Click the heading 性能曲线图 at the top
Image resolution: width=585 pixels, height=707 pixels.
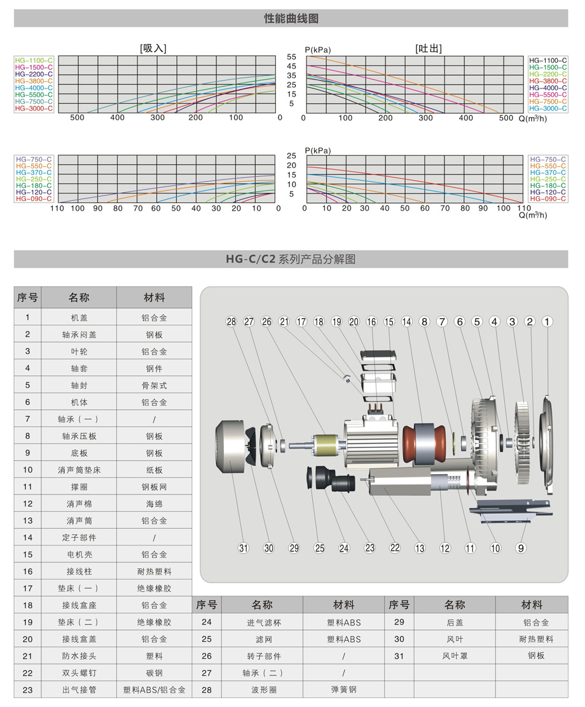click(291, 18)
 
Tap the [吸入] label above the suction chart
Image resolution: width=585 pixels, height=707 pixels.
click(153, 48)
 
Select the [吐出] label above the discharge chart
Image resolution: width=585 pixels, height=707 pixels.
click(428, 48)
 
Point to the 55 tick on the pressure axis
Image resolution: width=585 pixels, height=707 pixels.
click(292, 57)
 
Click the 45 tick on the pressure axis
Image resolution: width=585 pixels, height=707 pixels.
click(292, 66)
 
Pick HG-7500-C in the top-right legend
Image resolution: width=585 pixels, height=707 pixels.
click(548, 101)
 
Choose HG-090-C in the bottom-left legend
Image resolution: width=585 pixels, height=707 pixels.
click(34, 199)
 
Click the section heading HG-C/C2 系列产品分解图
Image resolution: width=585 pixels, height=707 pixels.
click(291, 259)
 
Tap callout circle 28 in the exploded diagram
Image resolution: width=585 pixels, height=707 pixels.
click(231, 321)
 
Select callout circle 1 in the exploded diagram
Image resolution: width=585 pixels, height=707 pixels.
click(547, 321)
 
